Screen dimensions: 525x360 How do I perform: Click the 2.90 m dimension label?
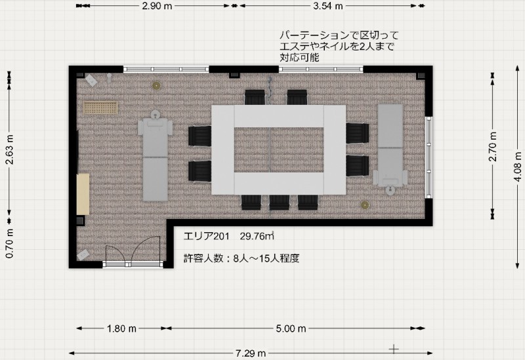(157, 6)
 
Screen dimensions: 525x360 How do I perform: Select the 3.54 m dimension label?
(327, 6)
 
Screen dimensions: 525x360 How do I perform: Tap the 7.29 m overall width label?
(251, 353)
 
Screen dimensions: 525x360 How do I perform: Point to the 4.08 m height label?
(517, 167)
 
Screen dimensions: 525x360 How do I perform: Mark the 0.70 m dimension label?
(9, 243)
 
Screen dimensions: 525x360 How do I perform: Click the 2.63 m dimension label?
(9, 150)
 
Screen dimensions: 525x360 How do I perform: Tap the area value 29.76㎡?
(257, 236)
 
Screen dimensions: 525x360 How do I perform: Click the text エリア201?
(206, 236)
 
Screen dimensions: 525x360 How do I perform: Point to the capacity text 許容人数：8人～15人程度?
(241, 258)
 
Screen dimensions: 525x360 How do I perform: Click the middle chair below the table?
(280, 203)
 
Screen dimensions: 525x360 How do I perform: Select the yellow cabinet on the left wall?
(83, 194)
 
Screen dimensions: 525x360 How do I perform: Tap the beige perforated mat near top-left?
(100, 108)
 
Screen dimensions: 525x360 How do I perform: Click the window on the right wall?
(429, 157)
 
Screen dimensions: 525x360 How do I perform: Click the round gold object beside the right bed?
(365, 205)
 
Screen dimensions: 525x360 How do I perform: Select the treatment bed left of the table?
(156, 156)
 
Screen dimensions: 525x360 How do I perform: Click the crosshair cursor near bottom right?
(394, 350)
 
